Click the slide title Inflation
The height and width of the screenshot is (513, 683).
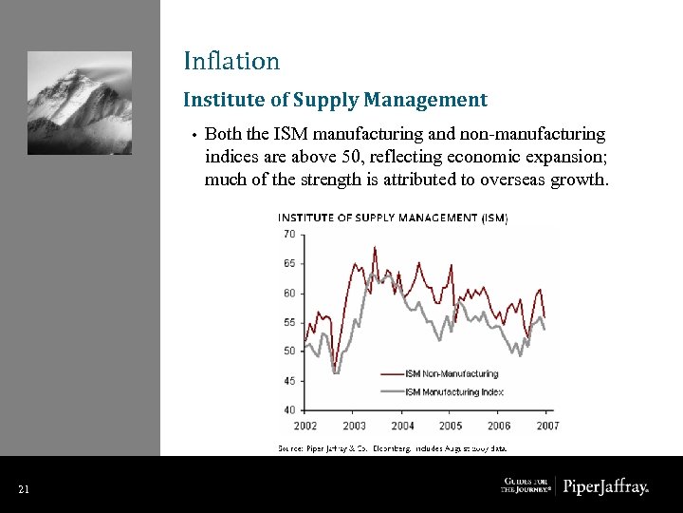point(231,62)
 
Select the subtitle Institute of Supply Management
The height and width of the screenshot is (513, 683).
point(335,100)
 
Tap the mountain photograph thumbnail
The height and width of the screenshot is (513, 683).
point(80,103)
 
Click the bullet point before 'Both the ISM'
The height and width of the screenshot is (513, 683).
point(193,136)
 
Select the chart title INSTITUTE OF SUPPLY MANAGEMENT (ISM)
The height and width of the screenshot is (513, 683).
point(392,218)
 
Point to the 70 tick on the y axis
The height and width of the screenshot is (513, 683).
point(288,234)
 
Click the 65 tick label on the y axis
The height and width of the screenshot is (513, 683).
point(288,263)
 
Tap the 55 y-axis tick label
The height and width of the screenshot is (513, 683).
point(288,322)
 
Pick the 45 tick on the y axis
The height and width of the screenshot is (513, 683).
point(288,381)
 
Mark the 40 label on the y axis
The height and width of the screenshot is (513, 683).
point(288,409)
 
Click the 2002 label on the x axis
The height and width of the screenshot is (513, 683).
point(305,426)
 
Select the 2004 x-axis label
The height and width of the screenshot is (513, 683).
point(402,426)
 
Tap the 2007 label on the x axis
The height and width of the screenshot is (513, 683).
point(547,426)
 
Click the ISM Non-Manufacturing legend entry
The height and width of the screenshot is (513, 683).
point(452,374)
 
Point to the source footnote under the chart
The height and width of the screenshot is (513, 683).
point(392,446)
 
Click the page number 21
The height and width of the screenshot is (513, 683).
point(23,489)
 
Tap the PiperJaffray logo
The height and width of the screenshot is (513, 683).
point(606,487)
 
